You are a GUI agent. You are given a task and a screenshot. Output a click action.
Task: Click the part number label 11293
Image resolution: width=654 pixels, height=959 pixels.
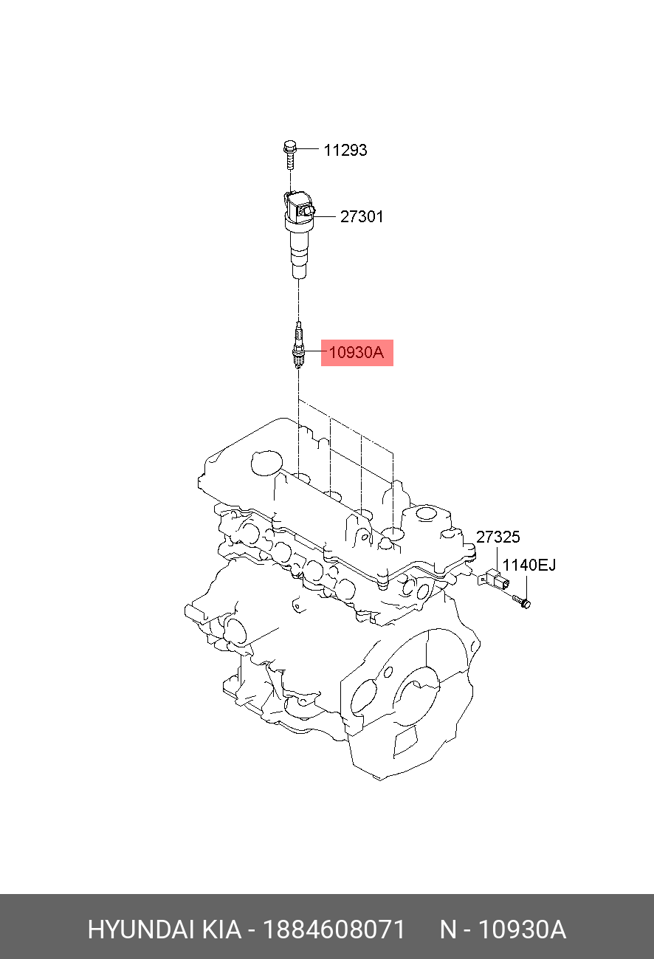pos(345,151)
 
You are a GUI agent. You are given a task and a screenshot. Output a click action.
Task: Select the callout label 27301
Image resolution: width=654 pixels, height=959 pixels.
pos(362,217)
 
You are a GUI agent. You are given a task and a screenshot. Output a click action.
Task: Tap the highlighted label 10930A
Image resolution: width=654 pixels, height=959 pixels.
pos(357,353)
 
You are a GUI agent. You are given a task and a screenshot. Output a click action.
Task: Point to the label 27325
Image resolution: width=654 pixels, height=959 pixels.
pos(498,537)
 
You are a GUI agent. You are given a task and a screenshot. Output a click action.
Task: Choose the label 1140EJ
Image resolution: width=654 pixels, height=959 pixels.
pos(529,566)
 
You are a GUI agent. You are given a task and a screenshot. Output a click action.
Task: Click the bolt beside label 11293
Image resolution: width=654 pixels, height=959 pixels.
pos(289,154)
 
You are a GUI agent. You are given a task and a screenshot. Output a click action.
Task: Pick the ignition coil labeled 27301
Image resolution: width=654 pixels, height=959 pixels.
pos(297,236)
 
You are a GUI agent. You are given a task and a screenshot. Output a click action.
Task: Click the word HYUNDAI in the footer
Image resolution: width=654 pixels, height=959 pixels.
pos(140,929)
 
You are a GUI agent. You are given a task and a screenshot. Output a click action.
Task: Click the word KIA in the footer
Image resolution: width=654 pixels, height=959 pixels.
pos(220,929)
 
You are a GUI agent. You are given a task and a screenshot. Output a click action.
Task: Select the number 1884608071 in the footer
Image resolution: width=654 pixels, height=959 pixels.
pos(334,929)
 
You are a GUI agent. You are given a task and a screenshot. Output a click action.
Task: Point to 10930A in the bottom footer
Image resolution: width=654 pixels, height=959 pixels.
pos(522,929)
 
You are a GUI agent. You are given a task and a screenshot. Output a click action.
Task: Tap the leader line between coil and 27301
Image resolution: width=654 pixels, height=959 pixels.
pos(326,217)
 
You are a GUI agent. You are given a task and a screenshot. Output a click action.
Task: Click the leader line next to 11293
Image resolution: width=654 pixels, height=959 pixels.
pos(309,151)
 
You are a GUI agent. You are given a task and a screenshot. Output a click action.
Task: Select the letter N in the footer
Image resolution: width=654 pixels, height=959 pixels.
pos(448,929)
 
